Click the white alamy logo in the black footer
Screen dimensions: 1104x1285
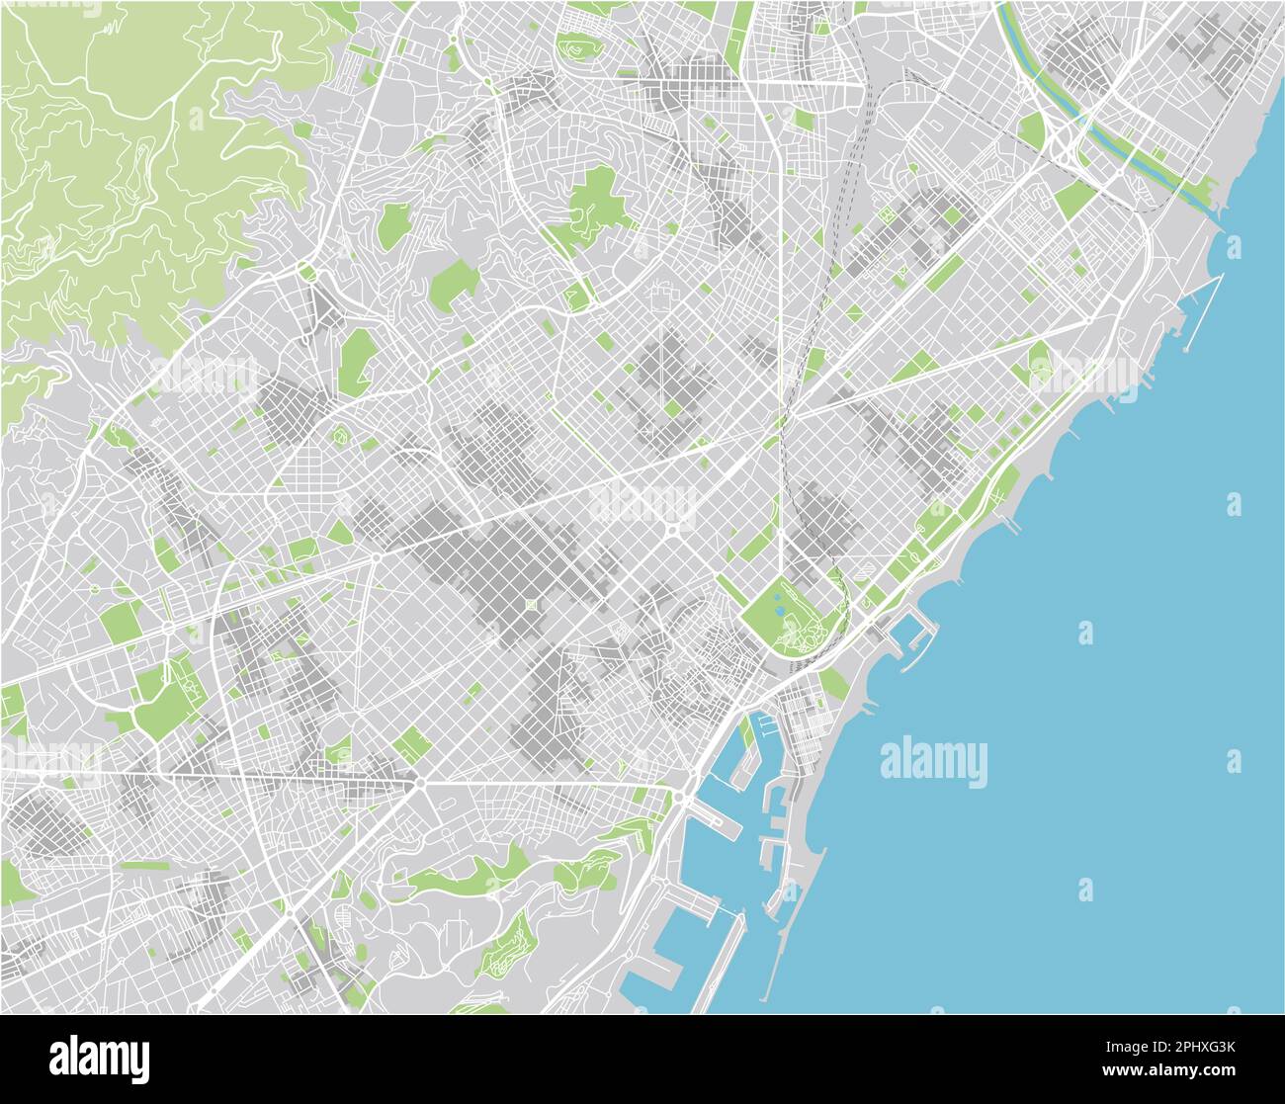[x=99, y=1059]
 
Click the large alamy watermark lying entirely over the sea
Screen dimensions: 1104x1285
[x=933, y=763]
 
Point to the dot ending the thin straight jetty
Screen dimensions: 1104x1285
[x=1185, y=349]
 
